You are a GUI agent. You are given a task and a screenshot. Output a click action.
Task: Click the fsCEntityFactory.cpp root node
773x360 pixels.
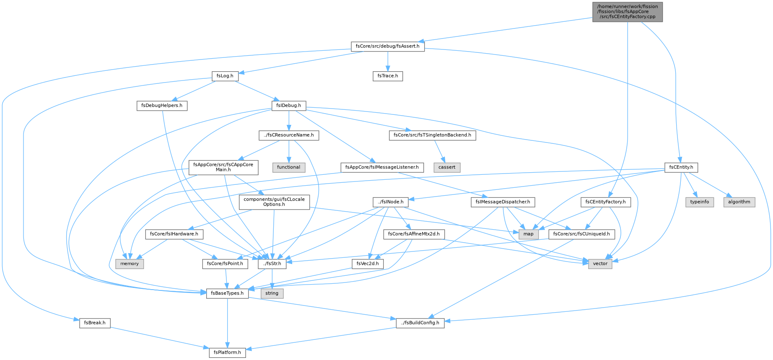tap(627, 12)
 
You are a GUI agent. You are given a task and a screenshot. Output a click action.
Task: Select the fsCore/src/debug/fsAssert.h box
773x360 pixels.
tap(388, 46)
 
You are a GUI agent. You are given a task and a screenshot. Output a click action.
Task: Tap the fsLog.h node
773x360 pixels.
tap(225, 76)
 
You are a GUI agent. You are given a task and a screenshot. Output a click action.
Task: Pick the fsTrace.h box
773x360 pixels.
tap(388, 76)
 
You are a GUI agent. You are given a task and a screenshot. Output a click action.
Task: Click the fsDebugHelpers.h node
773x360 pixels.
tap(162, 106)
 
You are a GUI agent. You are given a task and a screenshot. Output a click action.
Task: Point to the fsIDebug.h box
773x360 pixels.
tap(289, 106)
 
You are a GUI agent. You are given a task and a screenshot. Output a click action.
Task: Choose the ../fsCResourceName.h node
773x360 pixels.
tap(289, 135)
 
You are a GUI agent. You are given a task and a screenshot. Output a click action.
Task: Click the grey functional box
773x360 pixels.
tap(289, 167)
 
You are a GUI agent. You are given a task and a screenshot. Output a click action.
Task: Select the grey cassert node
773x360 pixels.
tap(447, 167)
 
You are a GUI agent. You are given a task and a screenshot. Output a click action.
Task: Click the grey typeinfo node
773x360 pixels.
tap(700, 202)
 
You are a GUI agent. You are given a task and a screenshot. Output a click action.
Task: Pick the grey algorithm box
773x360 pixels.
tap(739, 202)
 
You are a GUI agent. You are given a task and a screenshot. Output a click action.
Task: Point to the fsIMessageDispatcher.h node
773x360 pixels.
tap(503, 202)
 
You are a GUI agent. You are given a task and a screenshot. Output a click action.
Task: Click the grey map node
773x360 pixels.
tap(528, 234)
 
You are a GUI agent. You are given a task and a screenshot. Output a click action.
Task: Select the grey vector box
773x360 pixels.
tap(600, 264)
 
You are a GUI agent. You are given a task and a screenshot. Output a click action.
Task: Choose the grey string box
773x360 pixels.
tap(272, 293)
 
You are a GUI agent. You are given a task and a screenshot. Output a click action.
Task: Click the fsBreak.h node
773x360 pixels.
tap(95, 323)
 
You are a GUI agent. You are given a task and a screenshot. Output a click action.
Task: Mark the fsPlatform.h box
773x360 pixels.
tap(227, 352)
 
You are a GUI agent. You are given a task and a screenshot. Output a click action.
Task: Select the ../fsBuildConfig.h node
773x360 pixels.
tap(420, 323)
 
